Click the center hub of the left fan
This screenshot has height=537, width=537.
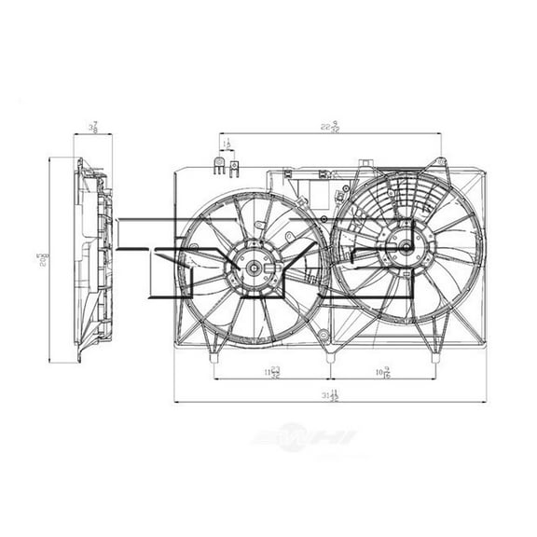coord(253,268)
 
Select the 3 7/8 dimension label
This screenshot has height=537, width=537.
coord(93,127)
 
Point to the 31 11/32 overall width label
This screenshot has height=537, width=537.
coord(329,396)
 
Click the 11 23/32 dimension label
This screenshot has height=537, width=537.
coord(272,373)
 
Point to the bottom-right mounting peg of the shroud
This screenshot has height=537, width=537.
coord(434,355)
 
